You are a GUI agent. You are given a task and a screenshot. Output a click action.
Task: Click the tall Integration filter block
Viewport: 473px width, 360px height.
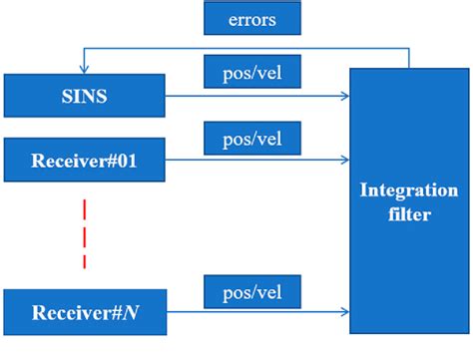click(x=409, y=199)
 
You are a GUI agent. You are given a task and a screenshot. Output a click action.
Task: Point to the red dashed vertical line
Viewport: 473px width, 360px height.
click(x=85, y=234)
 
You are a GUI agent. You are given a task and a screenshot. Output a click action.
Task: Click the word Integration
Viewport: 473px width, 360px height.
click(x=409, y=190)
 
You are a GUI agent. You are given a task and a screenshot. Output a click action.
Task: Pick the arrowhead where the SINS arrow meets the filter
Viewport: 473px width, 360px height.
click(x=345, y=96)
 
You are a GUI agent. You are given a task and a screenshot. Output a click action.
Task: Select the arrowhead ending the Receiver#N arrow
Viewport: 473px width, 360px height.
click(x=345, y=313)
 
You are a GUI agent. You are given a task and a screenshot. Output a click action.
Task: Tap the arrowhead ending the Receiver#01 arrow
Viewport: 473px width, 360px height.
click(x=345, y=158)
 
